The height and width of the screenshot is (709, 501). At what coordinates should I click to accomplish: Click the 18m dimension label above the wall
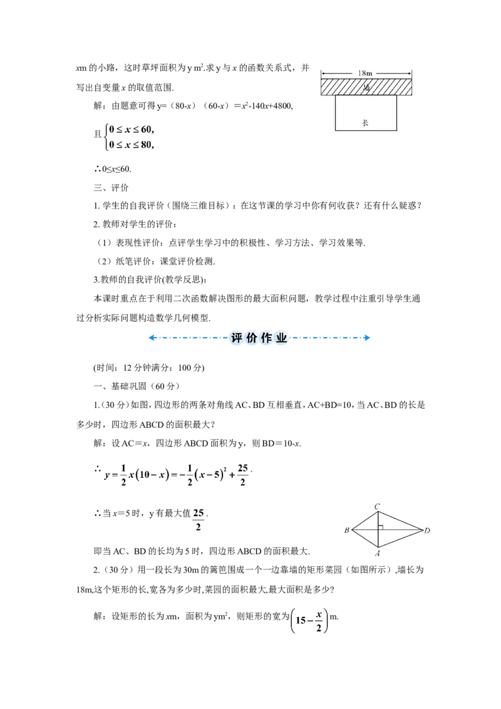pos(365,73)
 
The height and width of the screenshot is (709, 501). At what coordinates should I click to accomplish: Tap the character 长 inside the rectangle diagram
pos(365,123)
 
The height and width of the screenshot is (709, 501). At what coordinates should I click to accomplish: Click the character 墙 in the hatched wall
pos(366,87)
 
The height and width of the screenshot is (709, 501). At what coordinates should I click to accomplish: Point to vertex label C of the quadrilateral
pos(378,507)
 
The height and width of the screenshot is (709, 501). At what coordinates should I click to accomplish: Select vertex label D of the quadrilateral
pos(427,530)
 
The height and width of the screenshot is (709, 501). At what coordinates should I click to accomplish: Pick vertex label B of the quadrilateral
pos(347,530)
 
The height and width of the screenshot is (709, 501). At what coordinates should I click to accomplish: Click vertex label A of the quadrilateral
pos(378,553)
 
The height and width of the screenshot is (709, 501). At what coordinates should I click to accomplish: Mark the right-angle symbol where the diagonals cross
pos(381,527)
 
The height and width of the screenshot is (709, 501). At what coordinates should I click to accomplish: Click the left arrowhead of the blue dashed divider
pos(152,338)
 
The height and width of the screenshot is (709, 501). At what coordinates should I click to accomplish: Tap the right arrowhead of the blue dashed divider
pos(367,338)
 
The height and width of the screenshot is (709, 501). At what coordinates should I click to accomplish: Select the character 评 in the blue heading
pos(237,338)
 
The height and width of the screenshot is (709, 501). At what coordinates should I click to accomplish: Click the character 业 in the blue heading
pos(281,338)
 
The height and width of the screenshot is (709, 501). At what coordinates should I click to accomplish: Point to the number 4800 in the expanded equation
pos(284,106)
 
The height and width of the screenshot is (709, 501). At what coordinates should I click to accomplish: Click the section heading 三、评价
pos(111,188)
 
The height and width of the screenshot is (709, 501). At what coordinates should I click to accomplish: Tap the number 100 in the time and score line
pos(185,368)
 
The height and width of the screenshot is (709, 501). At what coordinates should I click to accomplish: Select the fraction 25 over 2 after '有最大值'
pos(199,520)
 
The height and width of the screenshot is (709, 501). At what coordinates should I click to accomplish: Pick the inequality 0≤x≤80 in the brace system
pos(131,145)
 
